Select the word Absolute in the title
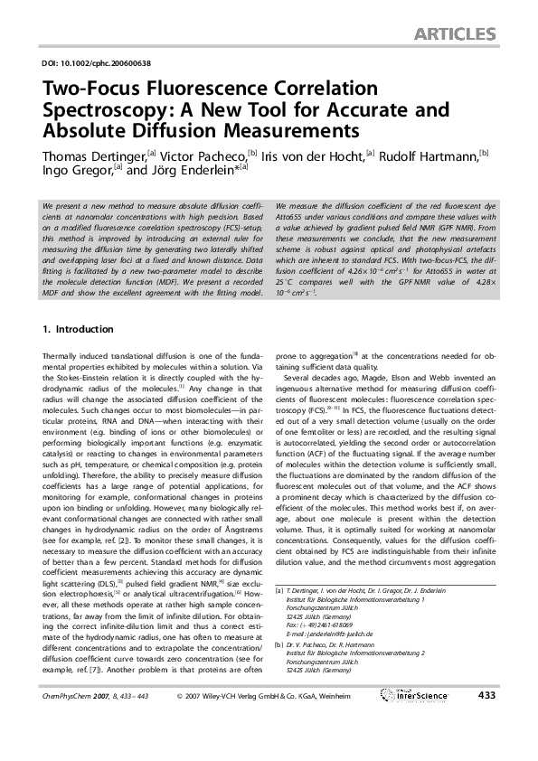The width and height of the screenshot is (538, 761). coord(80,132)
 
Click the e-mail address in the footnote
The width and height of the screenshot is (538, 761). coord(334,635)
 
